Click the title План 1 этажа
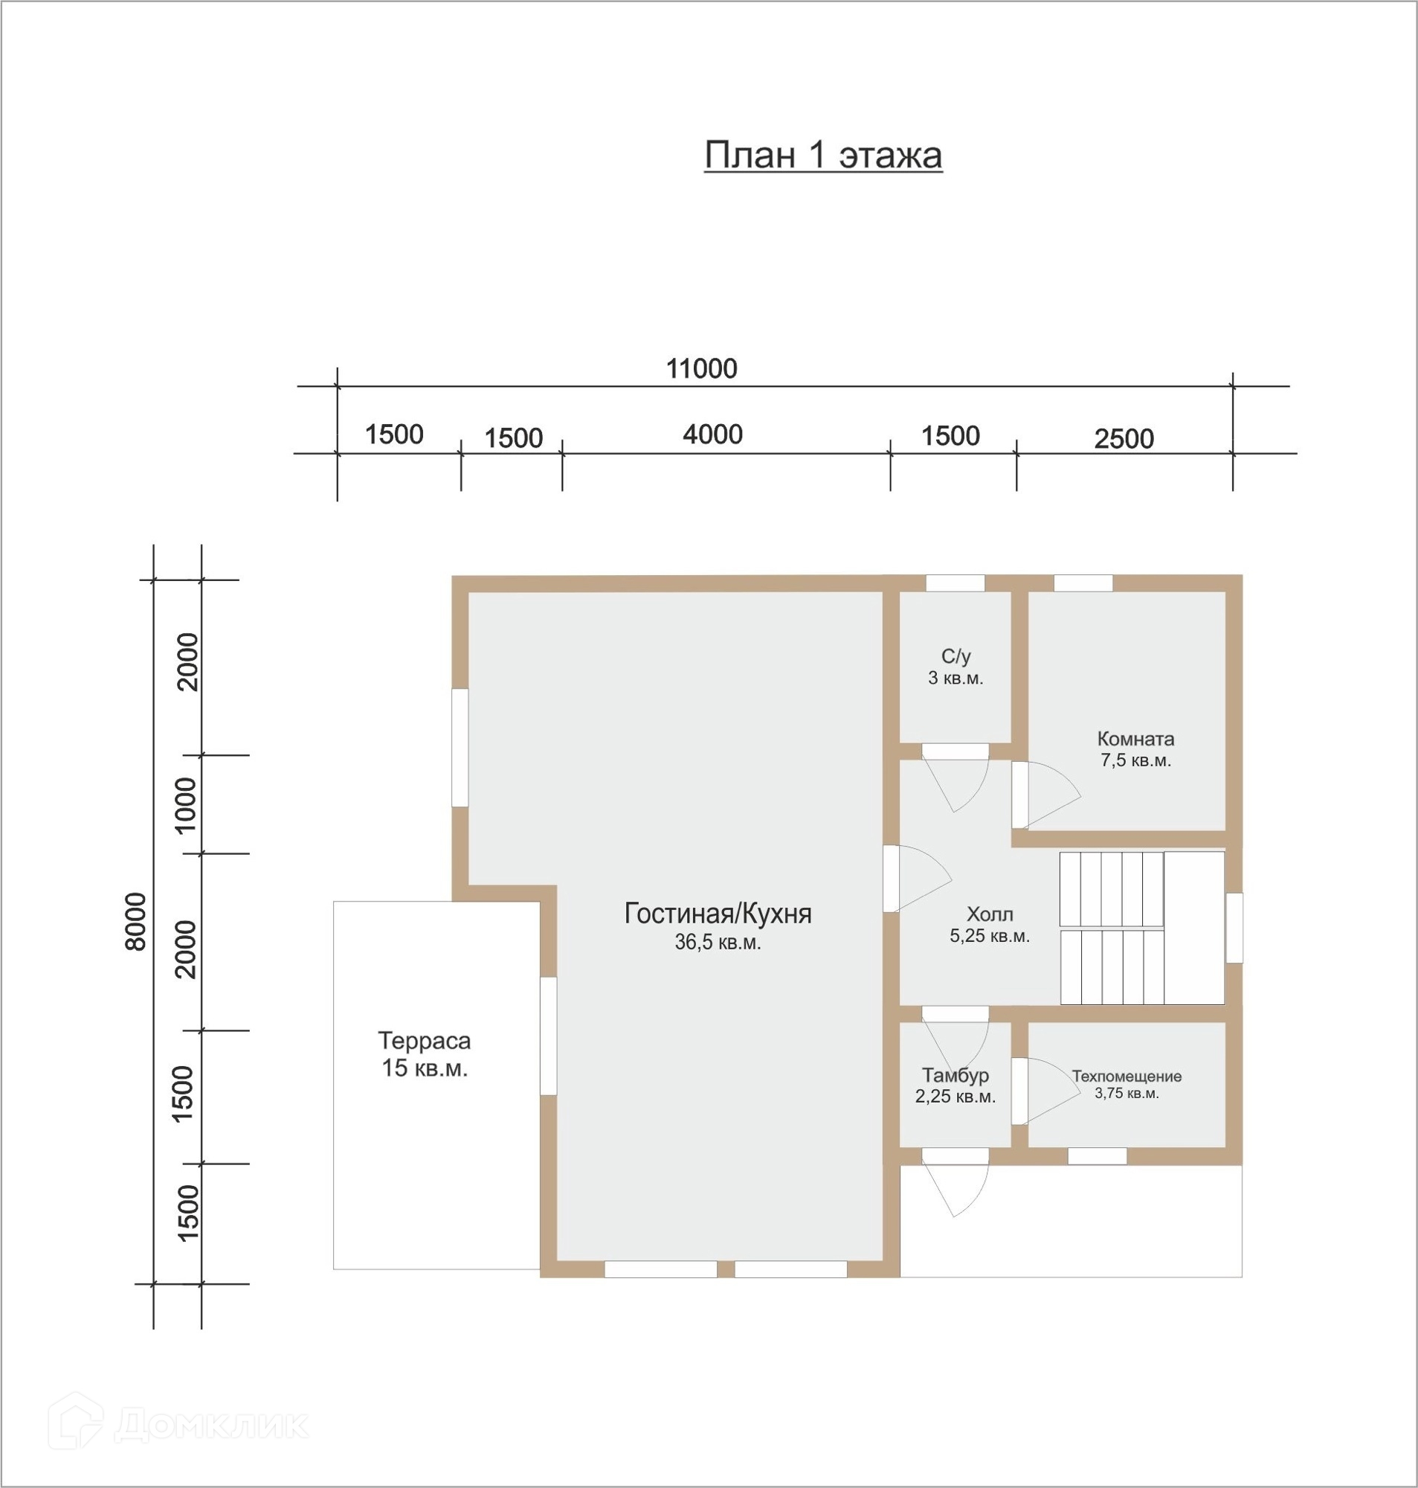823,155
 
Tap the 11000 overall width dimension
701,369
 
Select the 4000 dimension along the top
713,434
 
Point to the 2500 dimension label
1124,438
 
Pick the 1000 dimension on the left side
185,805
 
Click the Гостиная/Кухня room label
718,914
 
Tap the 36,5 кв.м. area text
718,943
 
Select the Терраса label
424,1041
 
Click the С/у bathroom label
955,656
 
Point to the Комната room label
1135,739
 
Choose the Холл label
990,914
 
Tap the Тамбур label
955,1075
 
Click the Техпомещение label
1127,1076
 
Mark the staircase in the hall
1141,928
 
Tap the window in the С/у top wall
955,583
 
